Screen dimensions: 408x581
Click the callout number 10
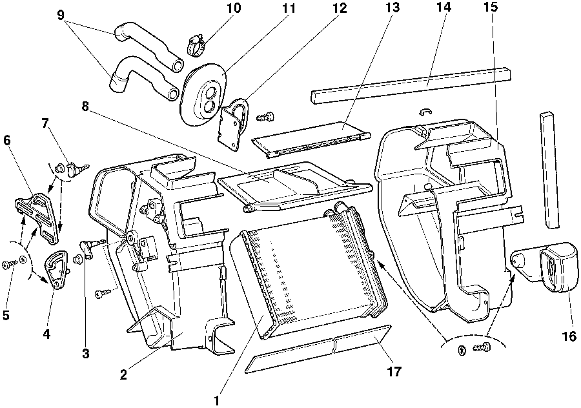(x=216, y=8)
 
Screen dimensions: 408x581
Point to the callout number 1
(x=218, y=400)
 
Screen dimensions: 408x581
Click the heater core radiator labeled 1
(x=310, y=271)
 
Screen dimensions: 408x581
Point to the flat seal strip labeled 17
(x=320, y=349)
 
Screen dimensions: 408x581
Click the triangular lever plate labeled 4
(x=57, y=268)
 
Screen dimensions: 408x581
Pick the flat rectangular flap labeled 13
(x=310, y=137)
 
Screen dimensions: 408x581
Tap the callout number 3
(x=85, y=353)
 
